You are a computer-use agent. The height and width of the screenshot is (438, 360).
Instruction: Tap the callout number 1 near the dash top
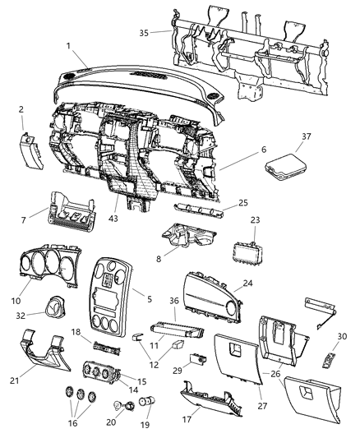[x=70, y=46]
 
